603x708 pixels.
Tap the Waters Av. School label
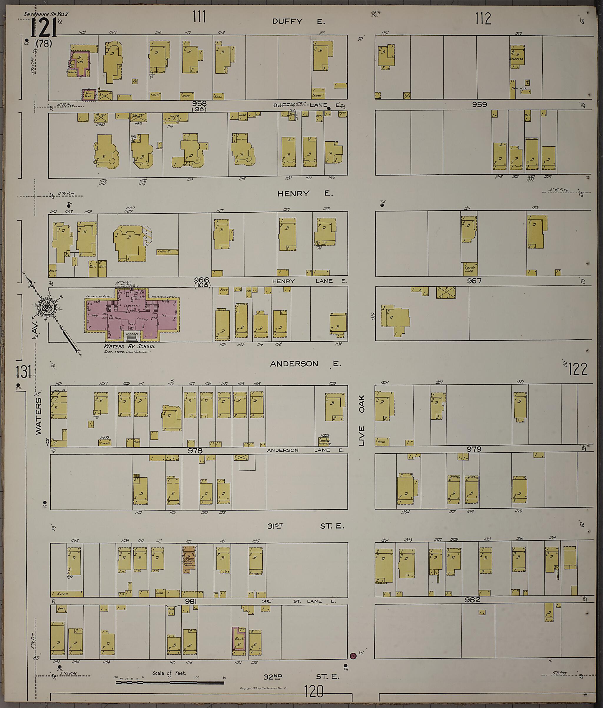[130, 346]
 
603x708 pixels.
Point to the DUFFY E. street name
[298, 21]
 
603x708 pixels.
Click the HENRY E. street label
[305, 194]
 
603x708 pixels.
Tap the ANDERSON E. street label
[305, 364]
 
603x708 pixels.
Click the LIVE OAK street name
[362, 420]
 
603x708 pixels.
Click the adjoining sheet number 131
[24, 372]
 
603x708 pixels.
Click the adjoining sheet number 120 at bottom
[313, 692]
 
